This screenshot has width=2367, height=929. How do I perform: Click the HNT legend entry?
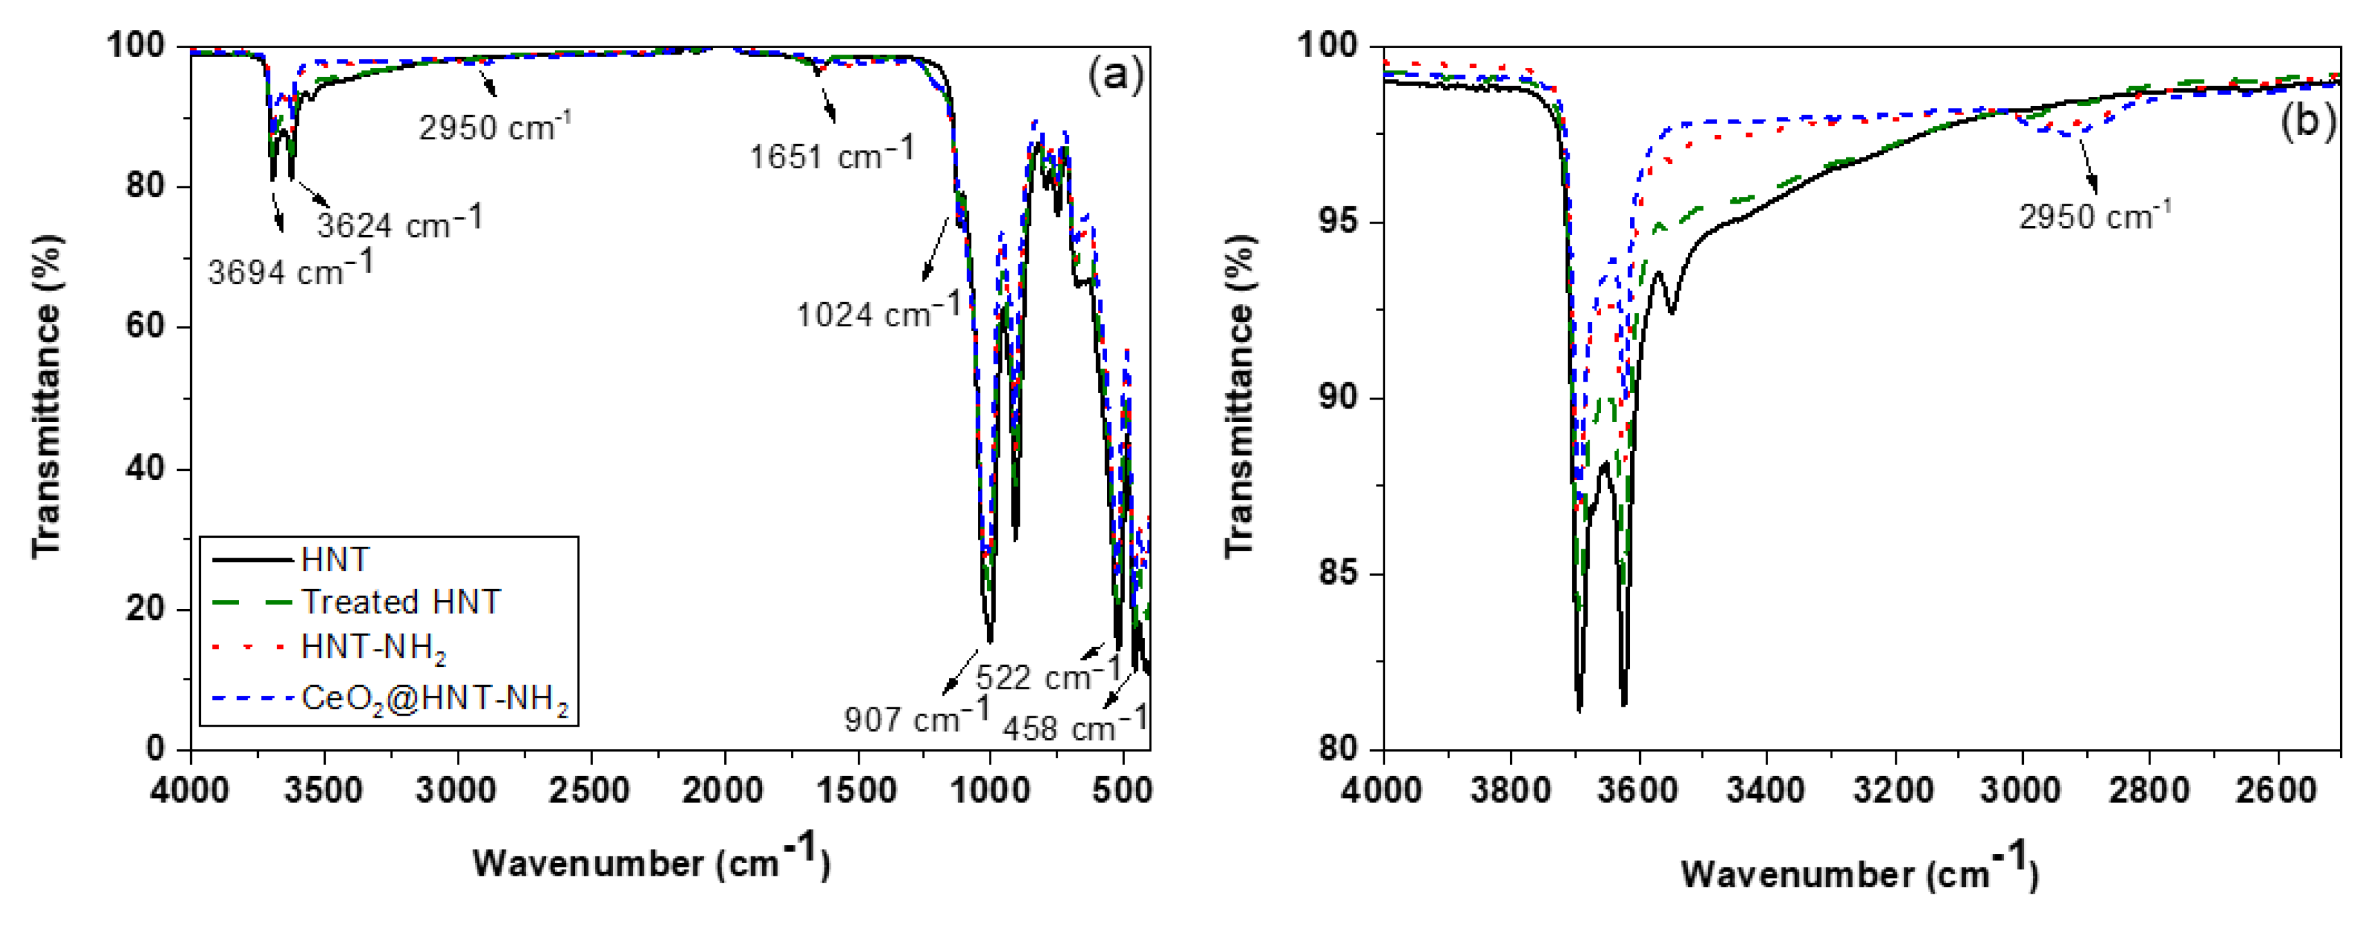(335, 560)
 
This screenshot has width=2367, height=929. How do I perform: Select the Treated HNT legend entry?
(401, 603)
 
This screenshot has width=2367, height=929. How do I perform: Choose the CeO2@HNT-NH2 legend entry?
(434, 700)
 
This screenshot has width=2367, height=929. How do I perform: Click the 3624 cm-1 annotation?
(399, 222)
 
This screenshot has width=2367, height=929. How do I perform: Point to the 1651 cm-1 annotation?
(831, 154)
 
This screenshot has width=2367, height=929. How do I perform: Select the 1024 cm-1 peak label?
(878, 312)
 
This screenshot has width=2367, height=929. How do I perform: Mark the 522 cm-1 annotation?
(1047, 675)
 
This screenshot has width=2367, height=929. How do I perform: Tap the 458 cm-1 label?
(1075, 726)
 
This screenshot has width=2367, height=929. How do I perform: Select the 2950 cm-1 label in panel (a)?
(494, 126)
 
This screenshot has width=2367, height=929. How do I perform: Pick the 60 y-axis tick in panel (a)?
(145, 327)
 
